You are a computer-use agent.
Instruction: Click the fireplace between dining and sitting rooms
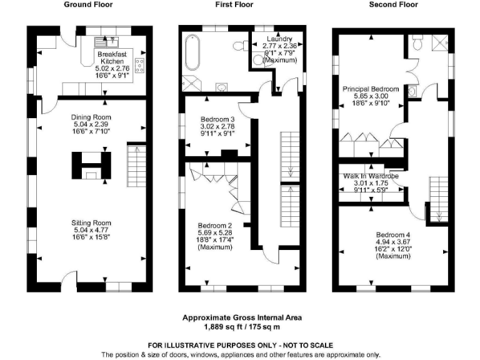[x=91, y=166]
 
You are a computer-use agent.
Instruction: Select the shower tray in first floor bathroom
[x=190, y=82]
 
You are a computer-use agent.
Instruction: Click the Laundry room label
[x=276, y=39]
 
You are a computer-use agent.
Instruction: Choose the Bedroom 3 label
[x=217, y=120]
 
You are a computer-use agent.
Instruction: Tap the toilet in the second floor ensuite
[x=417, y=46]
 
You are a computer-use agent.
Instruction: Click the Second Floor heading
[x=394, y=5]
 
